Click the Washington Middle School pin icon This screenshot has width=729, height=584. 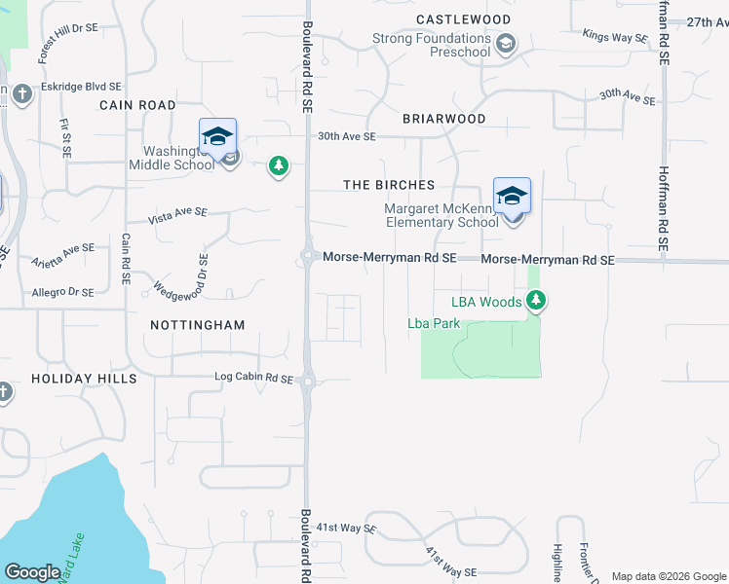[x=218, y=137]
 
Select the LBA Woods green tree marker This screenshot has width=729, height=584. [x=536, y=303]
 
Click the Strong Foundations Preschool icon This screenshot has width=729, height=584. [x=505, y=44]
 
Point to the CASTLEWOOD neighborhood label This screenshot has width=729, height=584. [x=463, y=19]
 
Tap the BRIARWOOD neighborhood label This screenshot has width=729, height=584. [x=443, y=119]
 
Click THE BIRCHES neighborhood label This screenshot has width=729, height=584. [x=388, y=185]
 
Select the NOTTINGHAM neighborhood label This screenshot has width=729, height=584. [x=198, y=324]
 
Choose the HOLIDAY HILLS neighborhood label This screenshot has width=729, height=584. [x=84, y=378]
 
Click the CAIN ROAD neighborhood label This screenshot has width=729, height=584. [x=137, y=105]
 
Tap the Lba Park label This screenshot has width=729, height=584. [x=434, y=323]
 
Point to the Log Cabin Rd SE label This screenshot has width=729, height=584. [x=253, y=378]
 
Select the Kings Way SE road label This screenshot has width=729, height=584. [x=615, y=37]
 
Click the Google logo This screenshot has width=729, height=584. [x=32, y=572]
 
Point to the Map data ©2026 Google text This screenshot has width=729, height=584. [x=668, y=576]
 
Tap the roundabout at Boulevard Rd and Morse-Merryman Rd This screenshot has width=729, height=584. [x=307, y=258]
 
